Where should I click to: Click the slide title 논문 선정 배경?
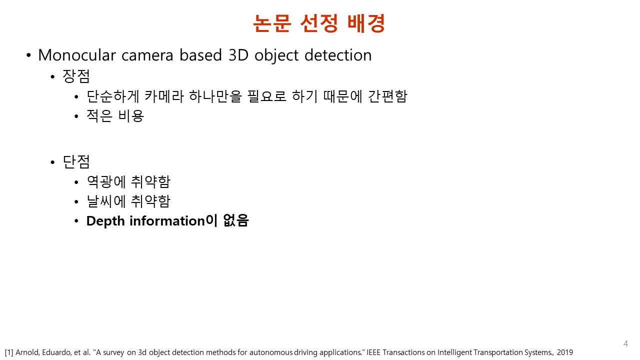pos(319,23)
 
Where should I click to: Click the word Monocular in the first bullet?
pos(77,55)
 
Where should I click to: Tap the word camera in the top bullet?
pos(147,55)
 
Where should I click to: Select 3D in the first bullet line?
pos(238,55)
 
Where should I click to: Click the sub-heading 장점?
pos(76,76)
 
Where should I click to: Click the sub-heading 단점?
pos(76,161)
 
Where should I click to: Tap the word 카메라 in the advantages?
pos(163,96)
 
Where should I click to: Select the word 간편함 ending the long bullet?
pos(387,96)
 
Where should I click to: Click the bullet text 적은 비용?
pos(115,115)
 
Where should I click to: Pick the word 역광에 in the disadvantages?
pos(106,181)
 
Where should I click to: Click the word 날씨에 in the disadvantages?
pos(106,201)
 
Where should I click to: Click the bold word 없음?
pos(236,220)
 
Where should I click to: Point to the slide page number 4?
pos(625,343)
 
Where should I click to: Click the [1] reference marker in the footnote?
pos(9,352)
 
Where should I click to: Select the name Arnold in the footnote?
pos(27,352)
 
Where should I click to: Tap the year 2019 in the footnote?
pos(564,352)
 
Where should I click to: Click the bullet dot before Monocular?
pos(28,55)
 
